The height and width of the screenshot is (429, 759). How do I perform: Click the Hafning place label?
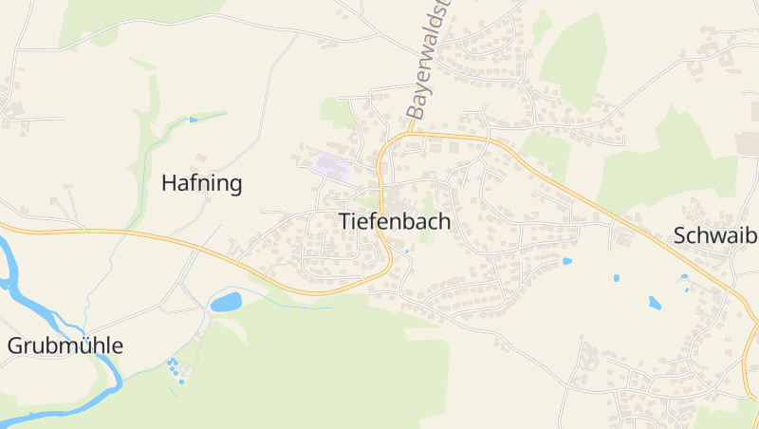[x=202, y=183]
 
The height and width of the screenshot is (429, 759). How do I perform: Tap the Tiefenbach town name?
[x=394, y=222]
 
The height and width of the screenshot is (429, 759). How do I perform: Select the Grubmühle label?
[x=65, y=345]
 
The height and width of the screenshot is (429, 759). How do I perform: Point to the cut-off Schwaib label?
[x=714, y=236]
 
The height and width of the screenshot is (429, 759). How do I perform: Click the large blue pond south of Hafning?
[x=226, y=302]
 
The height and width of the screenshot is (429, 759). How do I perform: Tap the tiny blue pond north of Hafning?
[x=194, y=120]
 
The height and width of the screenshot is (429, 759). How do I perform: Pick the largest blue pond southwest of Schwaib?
[x=654, y=303]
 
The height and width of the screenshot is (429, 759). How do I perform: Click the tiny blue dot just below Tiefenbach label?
[x=407, y=252]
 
